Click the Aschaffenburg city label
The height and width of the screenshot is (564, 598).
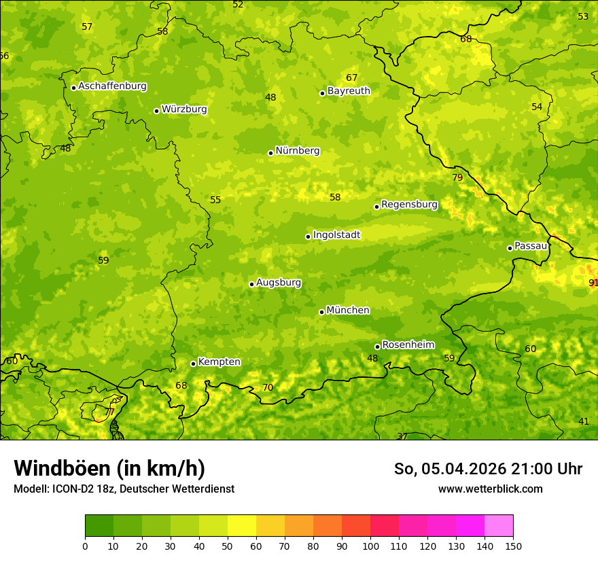click(112, 86)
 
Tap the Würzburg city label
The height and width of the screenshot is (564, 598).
click(184, 109)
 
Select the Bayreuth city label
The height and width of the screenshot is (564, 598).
click(349, 91)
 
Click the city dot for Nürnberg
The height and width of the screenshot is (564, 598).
click(270, 153)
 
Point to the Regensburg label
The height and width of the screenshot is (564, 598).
click(409, 205)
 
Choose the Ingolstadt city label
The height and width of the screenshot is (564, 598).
click(336, 235)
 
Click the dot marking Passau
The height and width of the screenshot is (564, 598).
click(510, 248)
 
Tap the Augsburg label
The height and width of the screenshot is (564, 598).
click(279, 283)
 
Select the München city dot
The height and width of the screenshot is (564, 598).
click(321, 312)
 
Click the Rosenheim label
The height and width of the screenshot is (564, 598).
click(408, 345)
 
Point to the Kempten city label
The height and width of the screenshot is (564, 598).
click(219, 362)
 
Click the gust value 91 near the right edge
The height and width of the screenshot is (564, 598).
click(593, 283)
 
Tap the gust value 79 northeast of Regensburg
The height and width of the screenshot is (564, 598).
click(457, 178)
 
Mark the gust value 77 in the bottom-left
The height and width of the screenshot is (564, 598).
click(109, 412)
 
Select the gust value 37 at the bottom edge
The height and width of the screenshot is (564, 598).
click(402, 436)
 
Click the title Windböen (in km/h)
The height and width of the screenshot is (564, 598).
click(109, 468)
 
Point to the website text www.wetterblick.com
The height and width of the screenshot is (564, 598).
click(490, 489)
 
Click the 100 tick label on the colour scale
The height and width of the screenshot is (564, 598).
click(370, 546)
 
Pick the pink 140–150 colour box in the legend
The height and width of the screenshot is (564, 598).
click(499, 526)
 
